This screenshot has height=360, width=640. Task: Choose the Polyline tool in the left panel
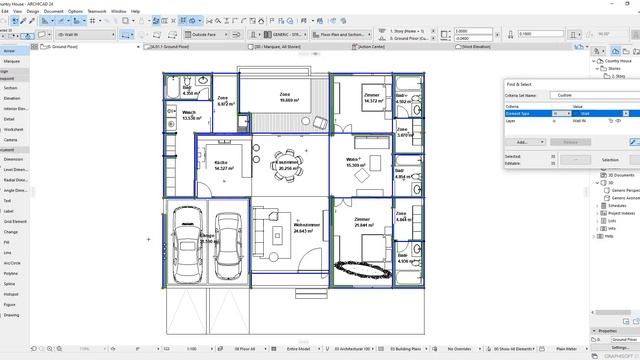(x=12, y=271)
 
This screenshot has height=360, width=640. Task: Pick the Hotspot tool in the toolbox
(x=12, y=295)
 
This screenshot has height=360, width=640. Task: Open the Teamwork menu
(x=96, y=12)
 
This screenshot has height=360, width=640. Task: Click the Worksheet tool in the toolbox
(x=13, y=129)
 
